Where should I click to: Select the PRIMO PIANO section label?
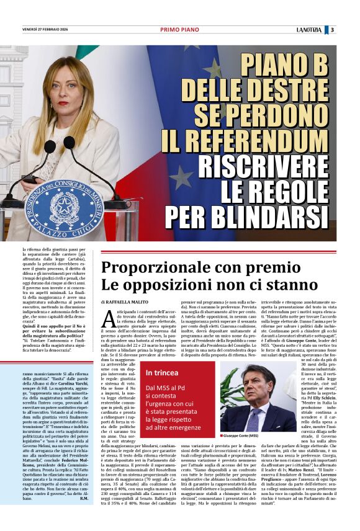[x=179, y=29]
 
